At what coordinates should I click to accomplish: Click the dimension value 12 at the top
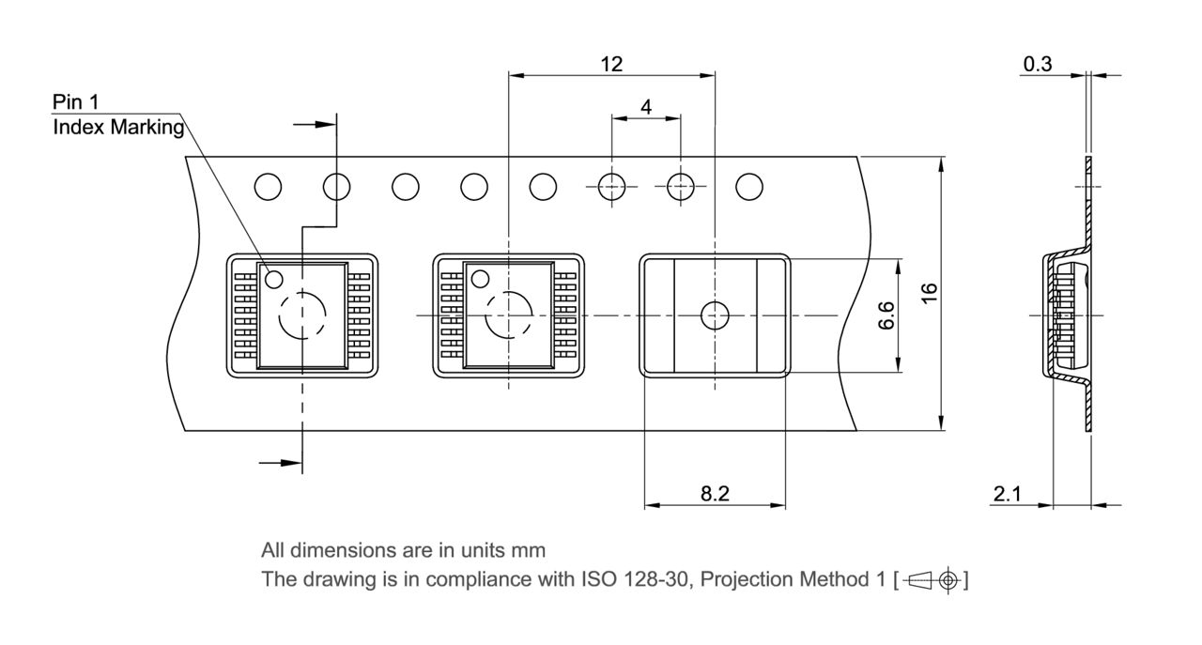pyautogui.click(x=611, y=64)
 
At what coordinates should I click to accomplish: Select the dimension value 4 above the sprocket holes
pyautogui.click(x=646, y=107)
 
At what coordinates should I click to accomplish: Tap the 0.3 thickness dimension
pyautogui.click(x=1038, y=64)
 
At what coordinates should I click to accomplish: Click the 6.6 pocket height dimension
pyautogui.click(x=885, y=315)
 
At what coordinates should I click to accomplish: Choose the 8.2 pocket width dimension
pyautogui.click(x=715, y=494)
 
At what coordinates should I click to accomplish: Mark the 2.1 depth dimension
pyautogui.click(x=1008, y=494)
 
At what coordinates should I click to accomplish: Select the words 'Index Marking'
pyautogui.click(x=118, y=128)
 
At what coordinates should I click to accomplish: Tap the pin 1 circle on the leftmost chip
pyautogui.click(x=274, y=279)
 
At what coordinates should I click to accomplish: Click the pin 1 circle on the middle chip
pyautogui.click(x=480, y=279)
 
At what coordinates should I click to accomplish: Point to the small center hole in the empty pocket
pyautogui.click(x=715, y=315)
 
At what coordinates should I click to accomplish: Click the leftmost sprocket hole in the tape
pyautogui.click(x=268, y=187)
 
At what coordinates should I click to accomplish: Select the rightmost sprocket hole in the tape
pyautogui.click(x=748, y=187)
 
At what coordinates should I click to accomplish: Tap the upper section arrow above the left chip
pyautogui.click(x=316, y=123)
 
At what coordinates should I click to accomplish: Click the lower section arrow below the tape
pyautogui.click(x=282, y=462)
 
